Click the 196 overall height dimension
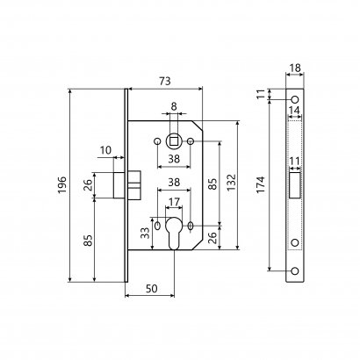(x=62, y=185)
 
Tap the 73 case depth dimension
(x=165, y=81)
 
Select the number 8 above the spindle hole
(x=174, y=106)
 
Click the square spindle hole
(x=174, y=141)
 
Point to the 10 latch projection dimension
(x=105, y=150)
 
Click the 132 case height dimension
(x=232, y=183)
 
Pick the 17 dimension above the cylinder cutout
(x=174, y=202)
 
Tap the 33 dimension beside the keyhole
(x=145, y=234)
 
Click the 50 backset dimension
(x=151, y=289)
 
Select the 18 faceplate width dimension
(x=295, y=68)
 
